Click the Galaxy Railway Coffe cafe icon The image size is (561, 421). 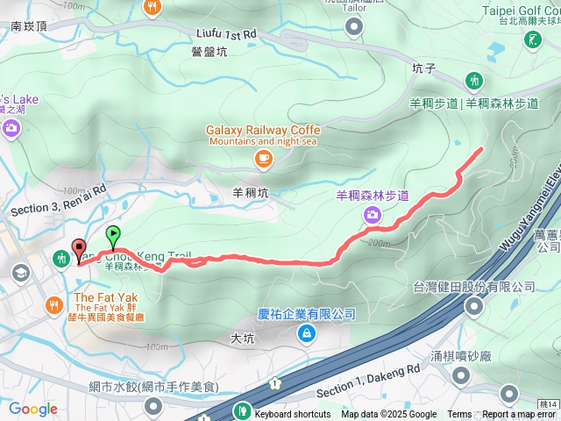(263, 159)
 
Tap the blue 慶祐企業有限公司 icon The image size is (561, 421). (307, 332)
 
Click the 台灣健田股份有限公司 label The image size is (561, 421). (474, 287)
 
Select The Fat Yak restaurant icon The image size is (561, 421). (53, 304)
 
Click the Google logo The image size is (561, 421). (33, 409)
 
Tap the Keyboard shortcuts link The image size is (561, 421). (293, 415)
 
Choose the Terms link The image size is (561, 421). (459, 415)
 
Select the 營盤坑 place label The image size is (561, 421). (209, 52)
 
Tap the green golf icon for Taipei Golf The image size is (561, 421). (532, 39)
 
